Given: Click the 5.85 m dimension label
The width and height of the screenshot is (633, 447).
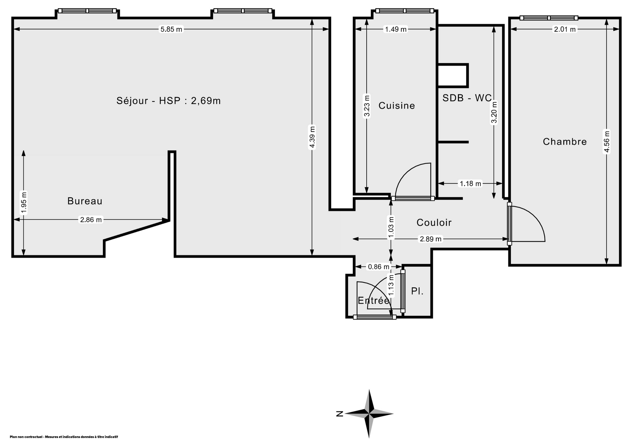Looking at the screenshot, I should point(171,29).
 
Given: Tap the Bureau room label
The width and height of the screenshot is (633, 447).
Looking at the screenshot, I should point(85,201).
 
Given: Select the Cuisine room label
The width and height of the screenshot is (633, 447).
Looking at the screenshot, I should point(397,106).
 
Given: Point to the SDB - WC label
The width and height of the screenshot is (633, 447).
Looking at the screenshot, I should point(467,98).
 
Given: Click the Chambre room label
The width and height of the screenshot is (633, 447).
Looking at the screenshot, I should point(565,142).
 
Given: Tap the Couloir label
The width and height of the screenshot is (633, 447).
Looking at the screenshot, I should point(434,223).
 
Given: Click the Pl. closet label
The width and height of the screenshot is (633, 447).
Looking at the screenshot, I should point(417,291).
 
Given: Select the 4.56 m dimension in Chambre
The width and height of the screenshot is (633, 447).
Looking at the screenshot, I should point(607,142).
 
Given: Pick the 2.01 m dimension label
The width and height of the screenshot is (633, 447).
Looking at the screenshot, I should point(565,29).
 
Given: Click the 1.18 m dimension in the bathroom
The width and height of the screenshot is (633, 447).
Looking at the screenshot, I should point(470,184).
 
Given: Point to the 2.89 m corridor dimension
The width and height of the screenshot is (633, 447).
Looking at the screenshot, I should point(430,239).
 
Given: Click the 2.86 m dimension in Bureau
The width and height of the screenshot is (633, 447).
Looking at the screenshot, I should point(91,220).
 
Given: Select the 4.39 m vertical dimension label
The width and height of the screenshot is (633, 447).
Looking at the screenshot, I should point(312,137).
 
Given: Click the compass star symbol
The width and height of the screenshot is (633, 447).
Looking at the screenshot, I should point(369,413).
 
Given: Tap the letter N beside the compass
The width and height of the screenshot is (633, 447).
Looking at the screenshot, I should point(340,414).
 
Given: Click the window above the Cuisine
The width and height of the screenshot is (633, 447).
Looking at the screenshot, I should point(405,11).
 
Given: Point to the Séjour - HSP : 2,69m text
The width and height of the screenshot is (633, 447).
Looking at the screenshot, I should point(168,101).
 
